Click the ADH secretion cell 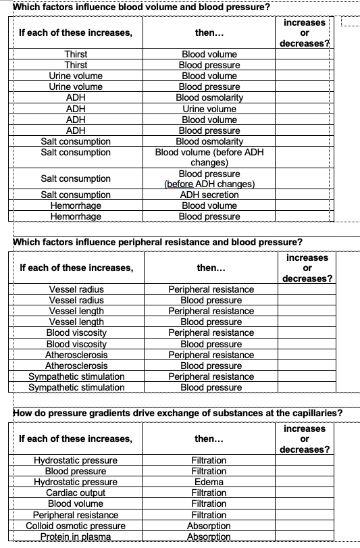tap(209, 195)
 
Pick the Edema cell tap(209, 482)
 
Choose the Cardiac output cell tap(76, 493)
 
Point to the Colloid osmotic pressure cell tap(76, 526)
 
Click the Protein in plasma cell tap(76, 537)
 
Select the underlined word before tap(180, 184)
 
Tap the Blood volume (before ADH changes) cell tap(209, 157)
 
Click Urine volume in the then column tap(209, 108)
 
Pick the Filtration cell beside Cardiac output tap(209, 493)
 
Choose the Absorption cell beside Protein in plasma tap(209, 537)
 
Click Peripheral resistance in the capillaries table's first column tap(76, 515)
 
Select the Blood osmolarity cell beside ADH tap(209, 97)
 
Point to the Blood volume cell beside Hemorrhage tap(209, 205)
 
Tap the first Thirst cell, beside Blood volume tap(76, 54)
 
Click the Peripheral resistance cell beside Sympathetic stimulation tap(211, 376)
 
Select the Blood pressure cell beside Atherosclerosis tap(211, 366)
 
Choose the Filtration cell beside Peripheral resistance tap(209, 515)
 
